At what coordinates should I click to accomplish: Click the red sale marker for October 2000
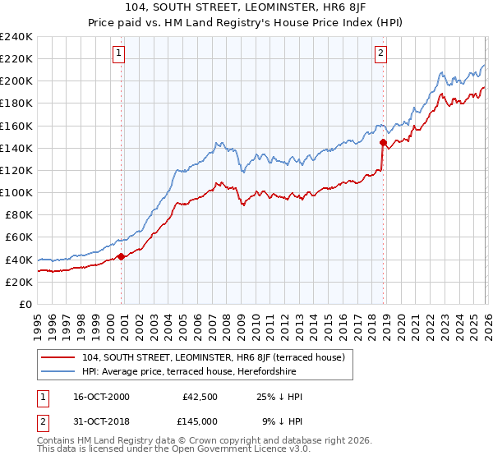click(x=122, y=256)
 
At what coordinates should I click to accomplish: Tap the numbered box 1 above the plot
click(x=118, y=54)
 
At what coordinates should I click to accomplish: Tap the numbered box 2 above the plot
click(x=381, y=54)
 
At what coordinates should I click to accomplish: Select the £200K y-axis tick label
click(x=16, y=81)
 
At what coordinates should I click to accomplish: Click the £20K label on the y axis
click(x=19, y=282)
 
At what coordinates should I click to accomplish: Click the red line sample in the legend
click(x=59, y=357)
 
